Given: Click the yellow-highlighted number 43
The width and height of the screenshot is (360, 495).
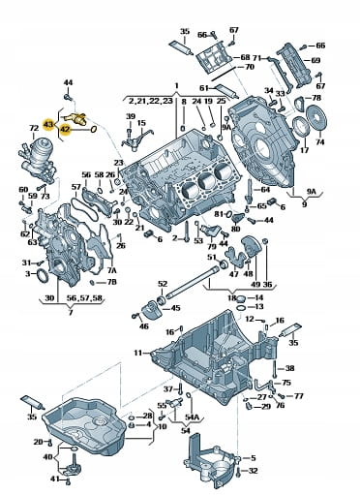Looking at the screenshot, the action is (x=48, y=124).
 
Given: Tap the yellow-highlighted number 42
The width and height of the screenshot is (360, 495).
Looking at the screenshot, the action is (x=65, y=130).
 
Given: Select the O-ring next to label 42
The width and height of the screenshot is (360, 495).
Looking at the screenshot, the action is (x=92, y=130).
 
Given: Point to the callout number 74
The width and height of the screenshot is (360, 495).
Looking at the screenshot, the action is (x=320, y=141).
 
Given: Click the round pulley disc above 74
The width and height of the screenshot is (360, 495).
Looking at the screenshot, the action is (x=315, y=117).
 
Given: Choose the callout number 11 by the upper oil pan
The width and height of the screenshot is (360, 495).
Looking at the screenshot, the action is (x=137, y=353).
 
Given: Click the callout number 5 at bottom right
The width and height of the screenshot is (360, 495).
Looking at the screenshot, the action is (x=253, y=458).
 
